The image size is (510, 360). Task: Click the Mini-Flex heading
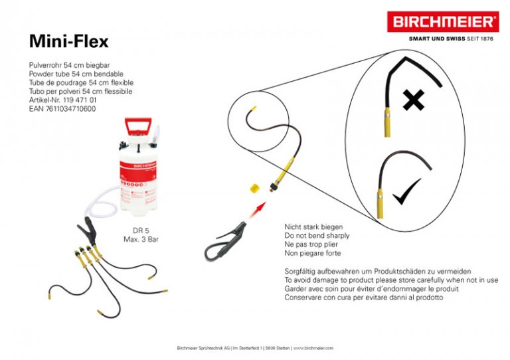68,41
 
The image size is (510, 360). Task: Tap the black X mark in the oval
414,101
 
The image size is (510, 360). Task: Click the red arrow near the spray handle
256,215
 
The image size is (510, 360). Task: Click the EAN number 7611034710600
62,108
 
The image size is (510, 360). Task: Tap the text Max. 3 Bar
141,238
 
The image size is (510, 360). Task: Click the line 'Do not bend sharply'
317,236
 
